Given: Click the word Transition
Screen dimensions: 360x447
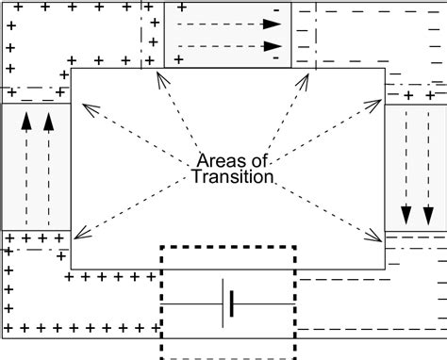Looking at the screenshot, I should click(232, 176).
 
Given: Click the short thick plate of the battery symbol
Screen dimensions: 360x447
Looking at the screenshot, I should click(232, 303).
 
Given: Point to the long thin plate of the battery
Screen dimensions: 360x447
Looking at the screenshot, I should click(223, 303).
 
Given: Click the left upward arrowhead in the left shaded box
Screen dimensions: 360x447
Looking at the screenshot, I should click(26, 120).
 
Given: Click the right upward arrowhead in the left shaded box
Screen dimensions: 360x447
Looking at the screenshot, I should click(48, 120).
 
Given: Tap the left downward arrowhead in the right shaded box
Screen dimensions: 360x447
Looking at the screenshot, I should click(406, 215).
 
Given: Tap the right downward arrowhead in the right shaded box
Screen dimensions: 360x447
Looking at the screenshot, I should click(429, 215).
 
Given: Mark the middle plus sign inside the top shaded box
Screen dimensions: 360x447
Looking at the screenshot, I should click(180, 34).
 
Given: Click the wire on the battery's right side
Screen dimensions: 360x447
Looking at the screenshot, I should click(264, 303).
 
